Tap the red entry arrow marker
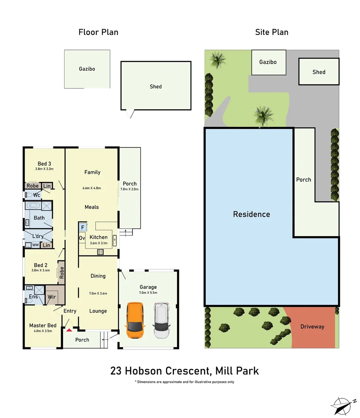pos(69,330)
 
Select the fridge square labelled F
pos(83,227)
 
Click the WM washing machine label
pos(35,245)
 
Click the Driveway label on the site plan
pos(312,327)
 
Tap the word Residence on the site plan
pos(251,214)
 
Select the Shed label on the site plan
pos(319,72)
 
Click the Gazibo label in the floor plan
pos(87,69)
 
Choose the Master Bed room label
pos(43,325)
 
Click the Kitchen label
pos(99,237)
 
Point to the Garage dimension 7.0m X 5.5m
pos(148,293)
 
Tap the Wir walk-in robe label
pos(51,297)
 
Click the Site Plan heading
pos(271,32)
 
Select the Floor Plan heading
pos(98,32)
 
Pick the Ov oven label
pos(82,238)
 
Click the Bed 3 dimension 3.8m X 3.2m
pos(44,169)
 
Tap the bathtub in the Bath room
pos(32,205)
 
